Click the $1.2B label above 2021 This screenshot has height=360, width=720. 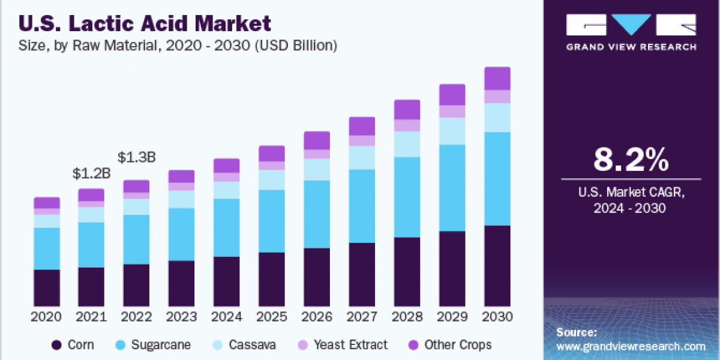91,175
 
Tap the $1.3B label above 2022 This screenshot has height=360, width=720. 136,158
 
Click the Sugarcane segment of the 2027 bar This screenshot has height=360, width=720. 362,206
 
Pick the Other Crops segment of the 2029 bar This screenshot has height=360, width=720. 452,95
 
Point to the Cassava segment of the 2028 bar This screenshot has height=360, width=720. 407,144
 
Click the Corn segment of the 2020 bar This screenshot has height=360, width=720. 47,288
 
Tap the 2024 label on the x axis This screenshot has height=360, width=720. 227,317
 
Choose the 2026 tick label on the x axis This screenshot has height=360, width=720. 317,317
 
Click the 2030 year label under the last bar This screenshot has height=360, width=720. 497,317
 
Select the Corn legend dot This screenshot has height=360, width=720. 57,345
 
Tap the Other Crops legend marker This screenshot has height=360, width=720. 413,345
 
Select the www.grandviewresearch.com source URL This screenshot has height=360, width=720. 631,346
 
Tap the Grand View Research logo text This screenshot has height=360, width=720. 631,47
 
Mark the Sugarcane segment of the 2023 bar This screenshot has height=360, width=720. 181,234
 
